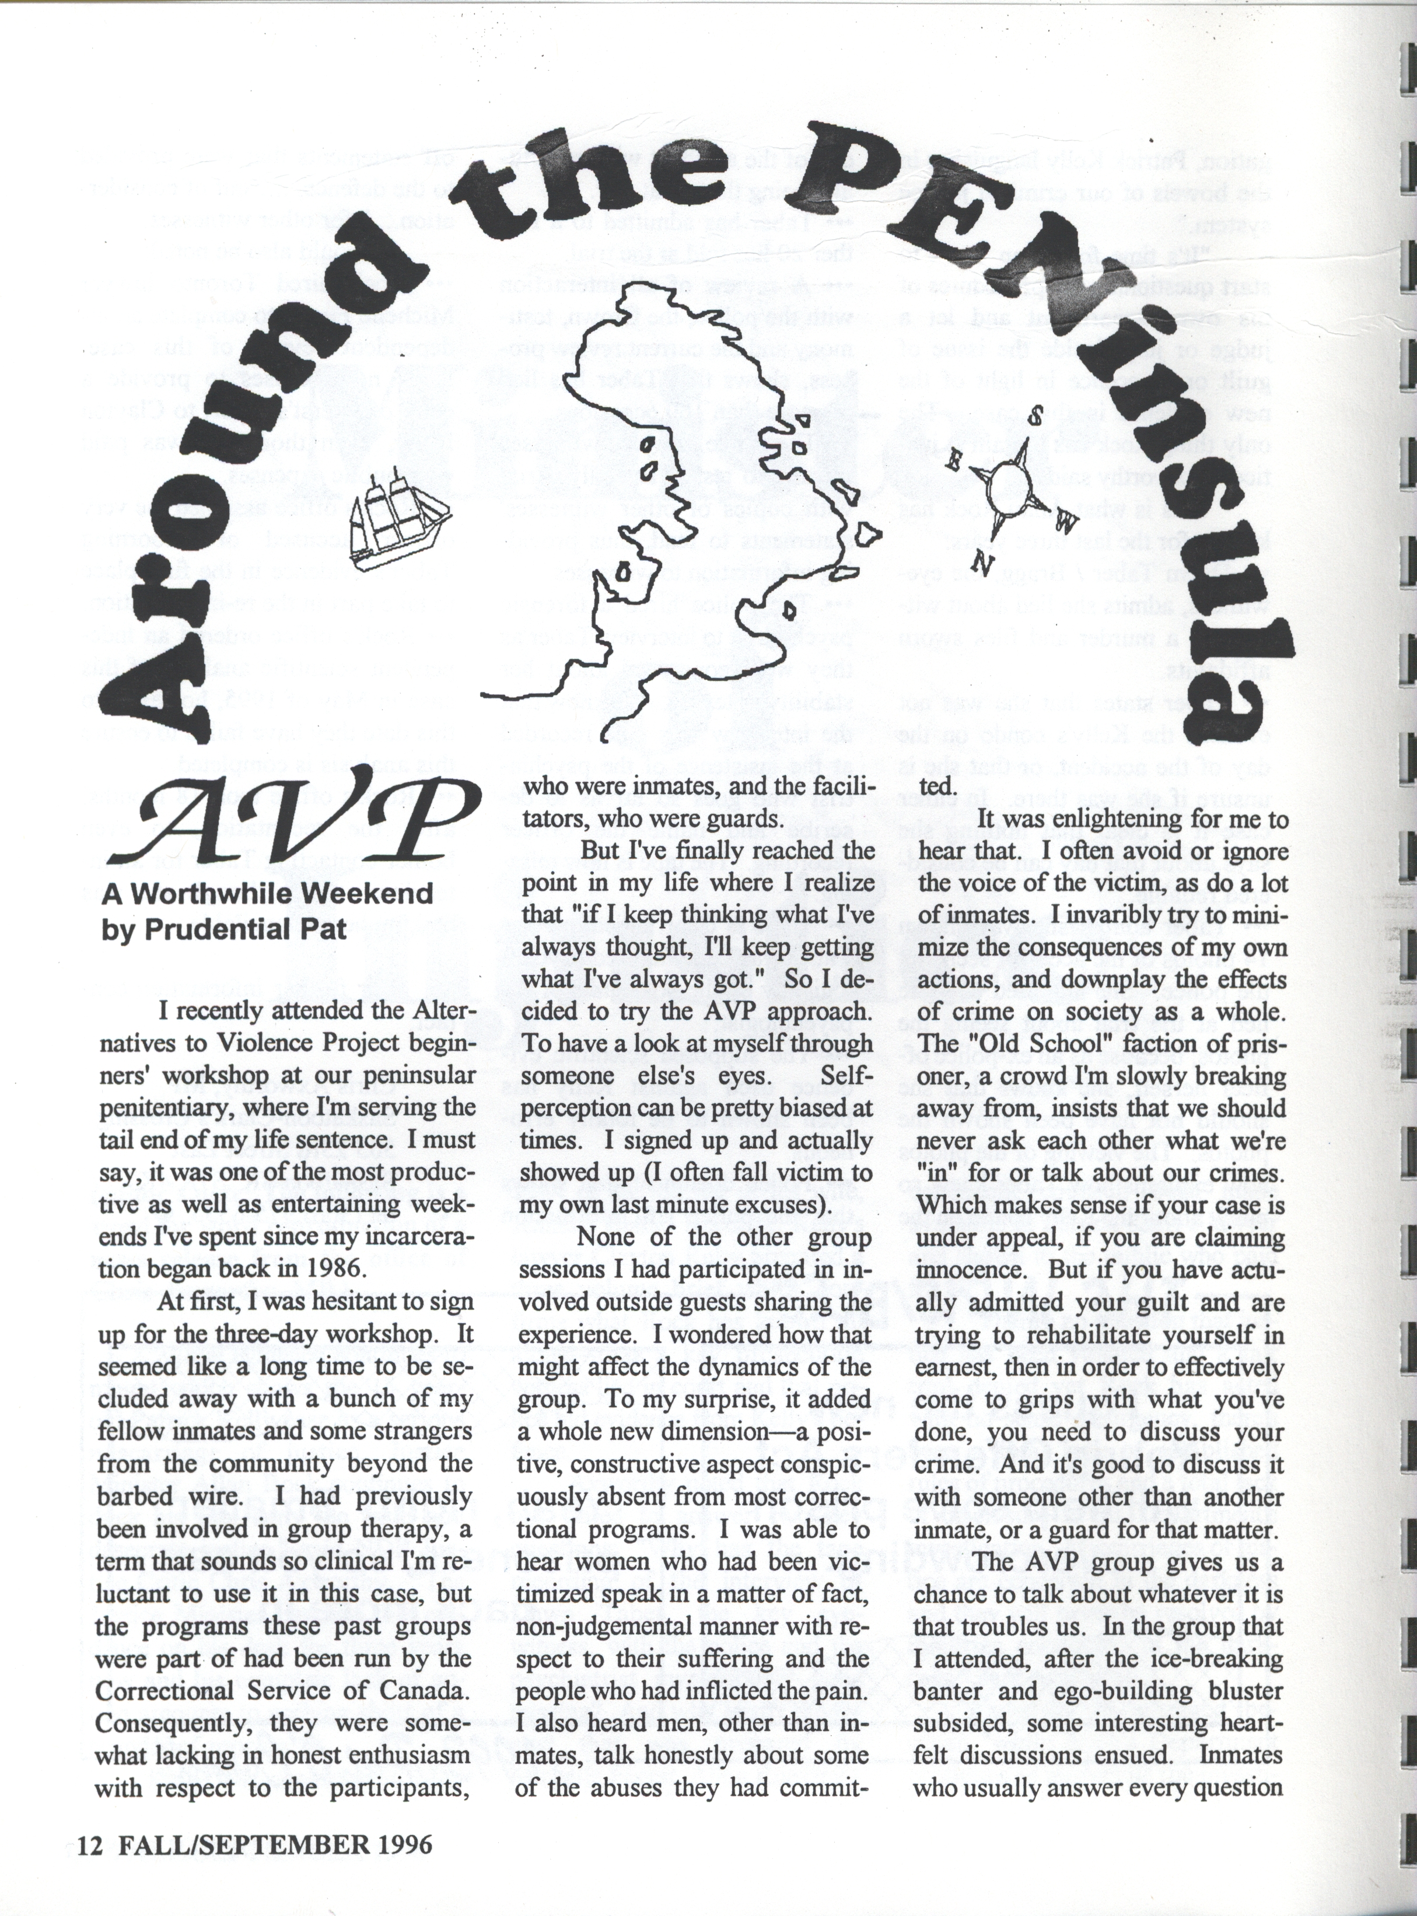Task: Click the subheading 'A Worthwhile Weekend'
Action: (x=268, y=894)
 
